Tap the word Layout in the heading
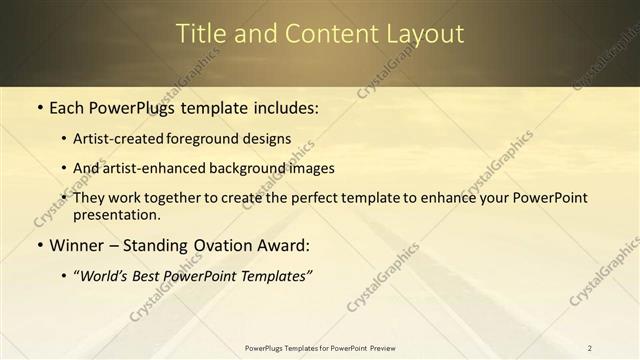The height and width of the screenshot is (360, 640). tap(424, 34)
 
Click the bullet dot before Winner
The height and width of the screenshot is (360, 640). tap(38, 245)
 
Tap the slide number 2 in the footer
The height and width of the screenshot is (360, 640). tap(590, 348)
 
